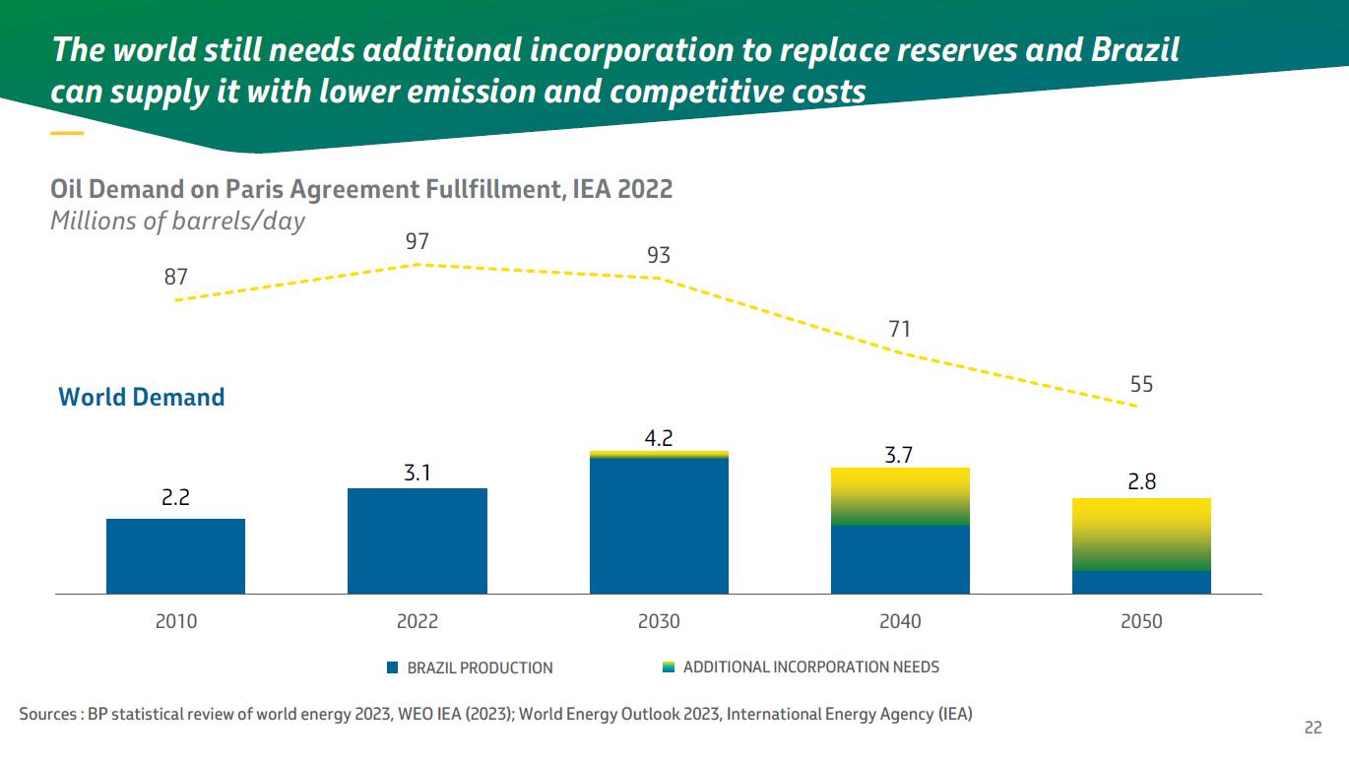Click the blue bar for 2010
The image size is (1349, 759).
click(175, 556)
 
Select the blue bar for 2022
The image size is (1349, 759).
click(418, 540)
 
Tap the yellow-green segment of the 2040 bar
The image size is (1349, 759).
click(900, 496)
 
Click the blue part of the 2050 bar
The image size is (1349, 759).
click(1141, 582)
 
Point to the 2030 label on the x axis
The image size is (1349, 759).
click(659, 621)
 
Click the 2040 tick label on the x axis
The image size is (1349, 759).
click(900, 621)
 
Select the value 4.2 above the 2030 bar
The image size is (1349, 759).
click(659, 437)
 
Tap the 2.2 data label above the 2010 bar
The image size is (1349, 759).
click(175, 498)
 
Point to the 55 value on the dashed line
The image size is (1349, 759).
click(1141, 384)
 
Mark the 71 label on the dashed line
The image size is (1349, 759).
click(900, 329)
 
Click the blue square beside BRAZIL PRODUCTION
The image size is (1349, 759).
click(392, 667)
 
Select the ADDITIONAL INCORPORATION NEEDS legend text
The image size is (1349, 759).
click(810, 666)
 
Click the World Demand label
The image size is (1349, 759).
click(142, 397)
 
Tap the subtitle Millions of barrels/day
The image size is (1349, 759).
click(177, 221)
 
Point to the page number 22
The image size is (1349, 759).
click(1313, 727)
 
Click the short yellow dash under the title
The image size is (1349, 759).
click(67, 132)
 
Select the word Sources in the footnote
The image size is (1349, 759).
click(47, 714)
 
